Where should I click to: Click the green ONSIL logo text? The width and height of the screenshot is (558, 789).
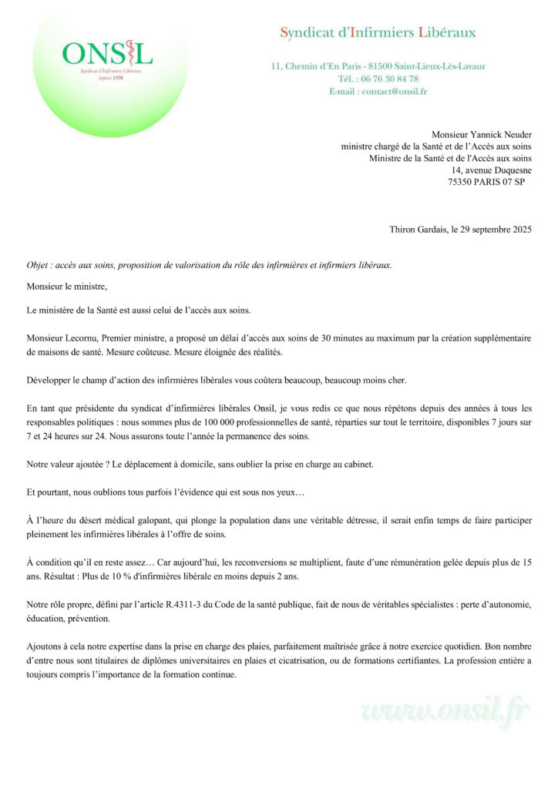(x=107, y=53)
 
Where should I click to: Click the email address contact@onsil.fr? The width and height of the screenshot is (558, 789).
(x=398, y=91)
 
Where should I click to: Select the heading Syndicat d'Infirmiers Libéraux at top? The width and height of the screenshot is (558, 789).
(x=378, y=32)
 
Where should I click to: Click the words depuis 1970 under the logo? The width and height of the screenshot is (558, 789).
(x=107, y=78)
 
